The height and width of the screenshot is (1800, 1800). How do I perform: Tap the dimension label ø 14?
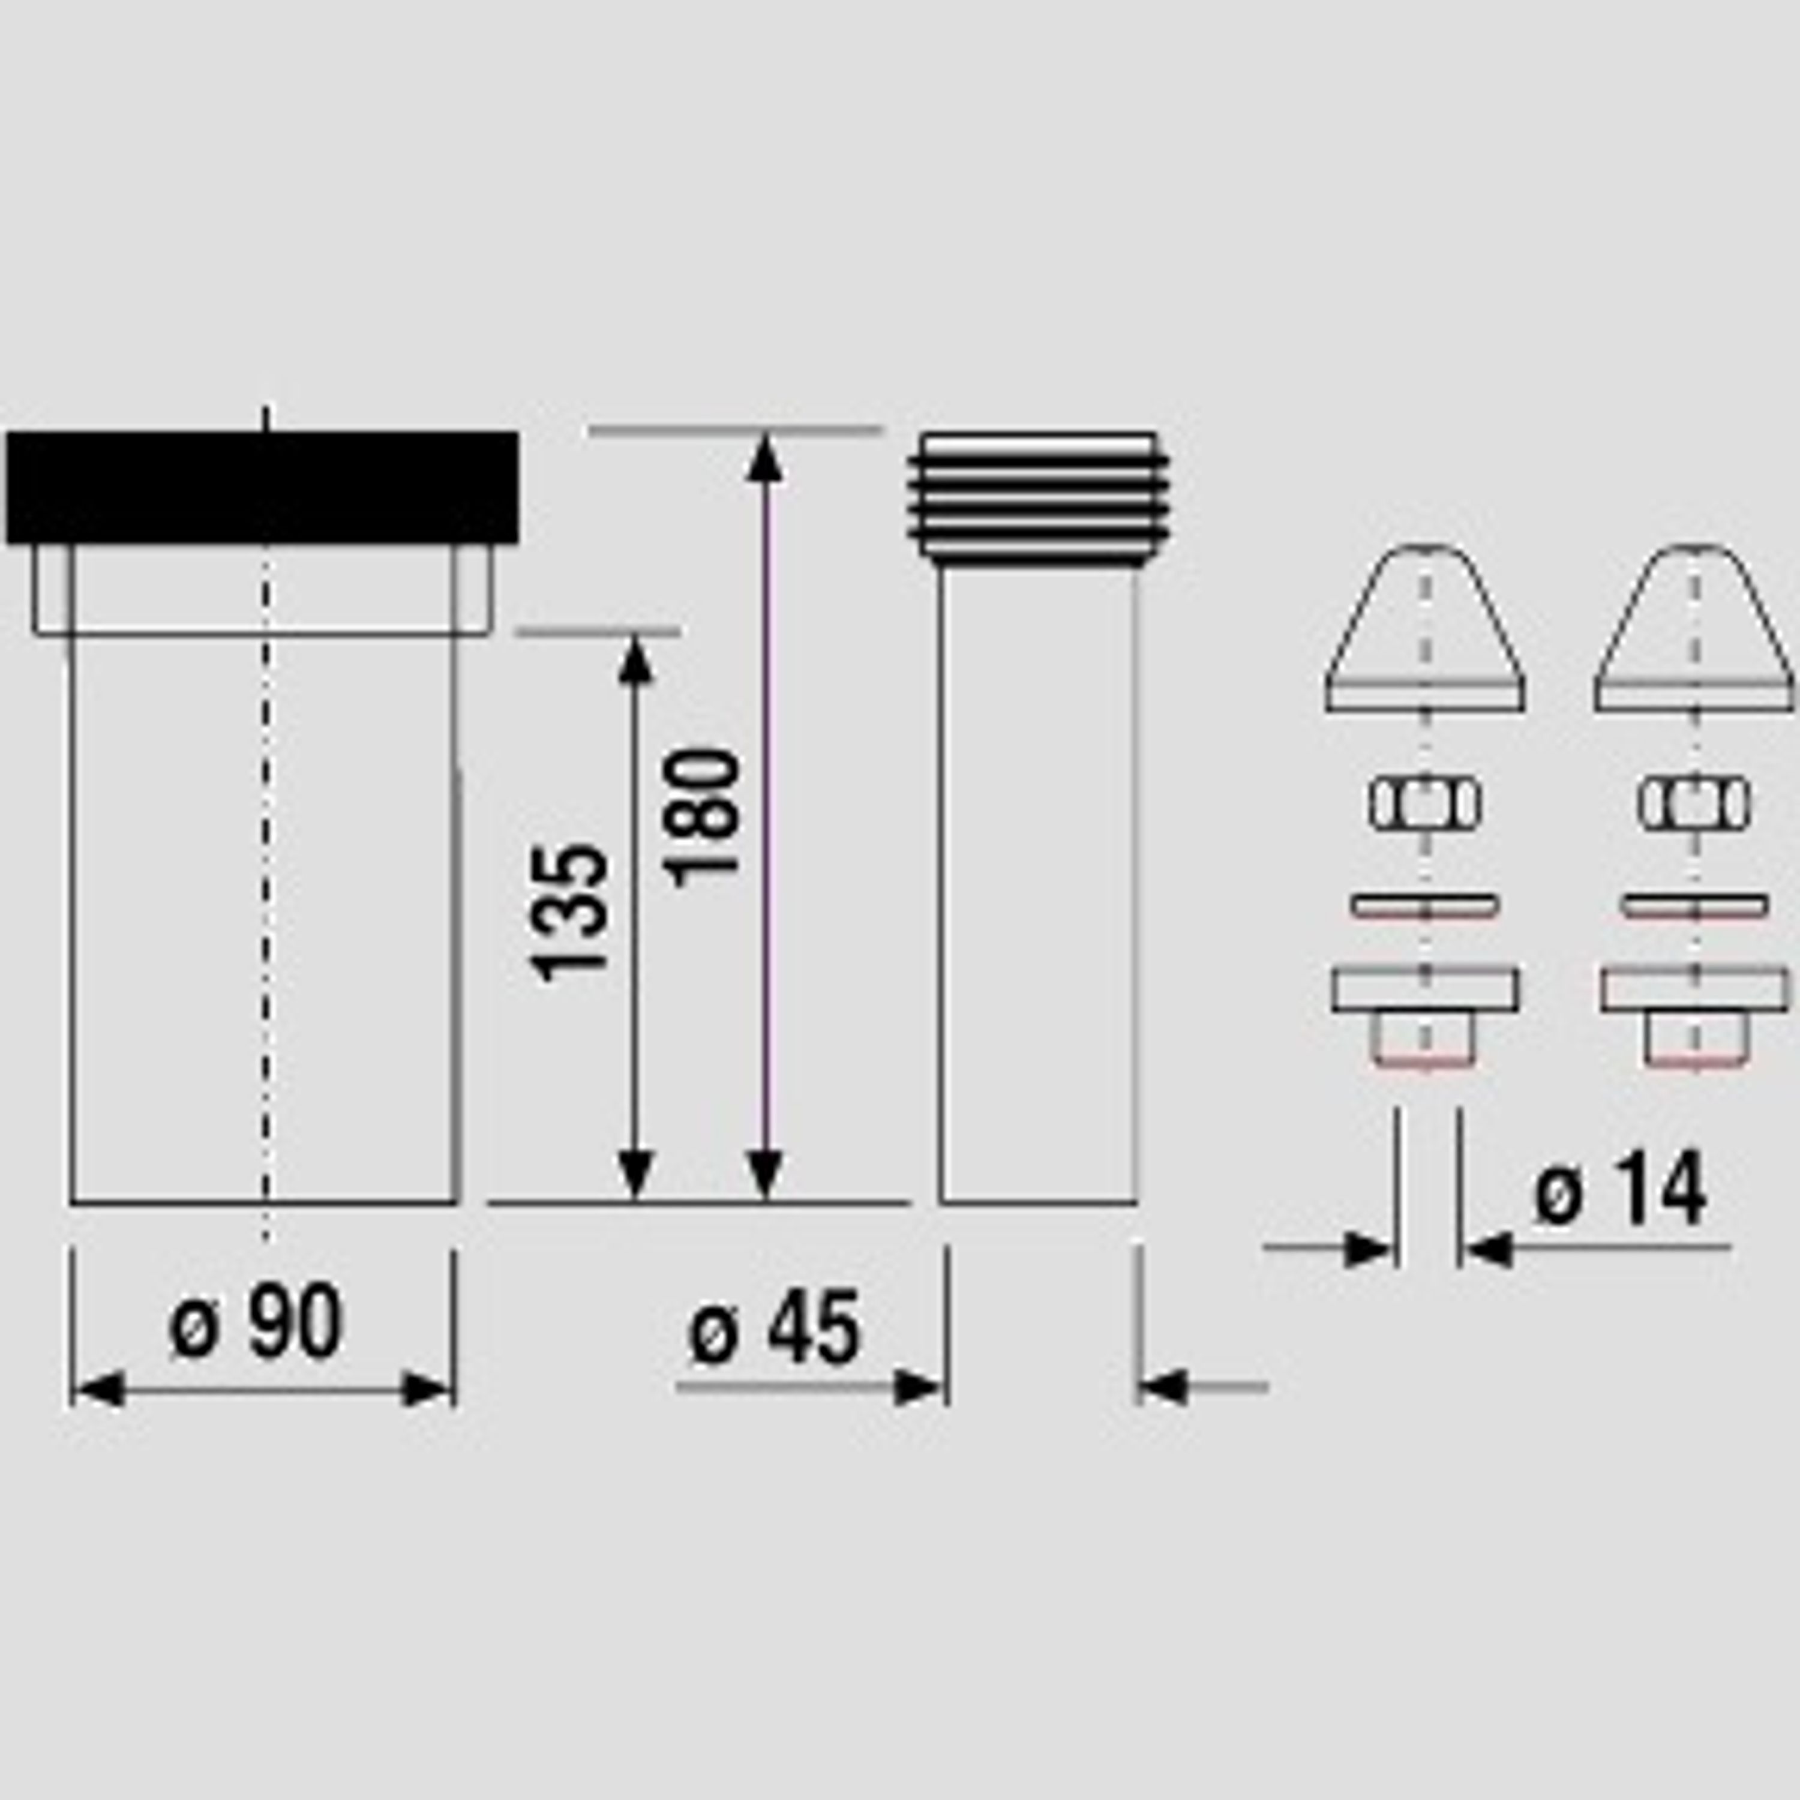[1622, 1189]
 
